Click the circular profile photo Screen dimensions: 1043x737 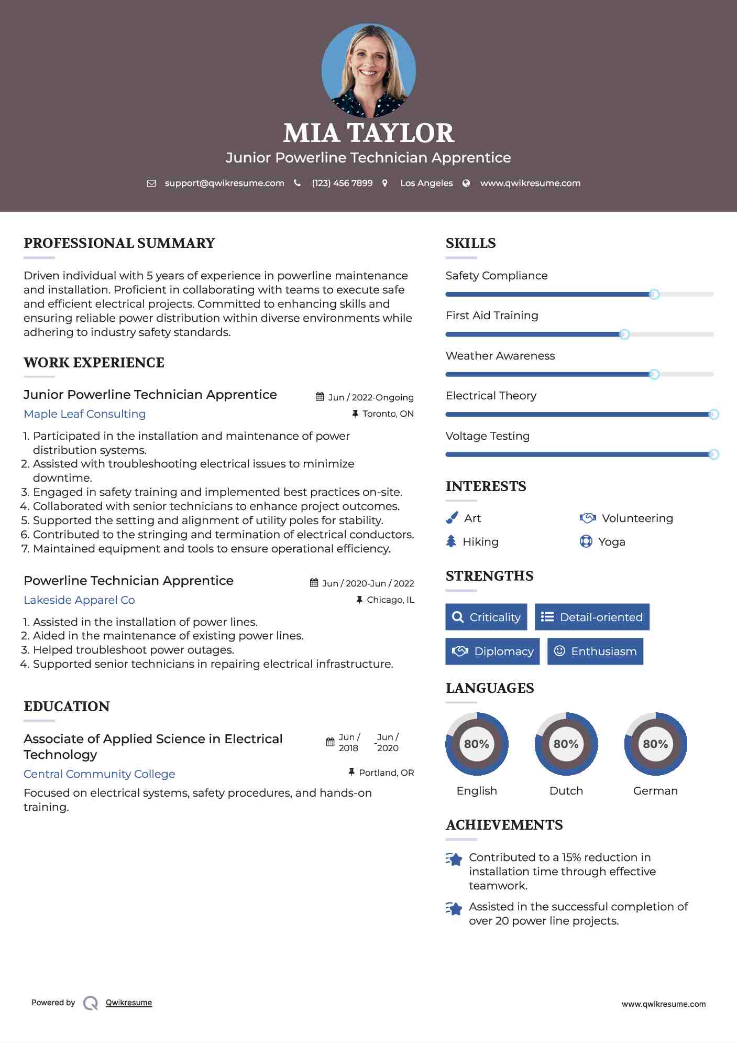[368, 70]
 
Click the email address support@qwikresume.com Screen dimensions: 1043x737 [224, 183]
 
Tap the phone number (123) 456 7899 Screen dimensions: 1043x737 [342, 183]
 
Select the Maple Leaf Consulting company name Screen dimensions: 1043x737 [85, 414]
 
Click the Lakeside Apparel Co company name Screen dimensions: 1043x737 [79, 600]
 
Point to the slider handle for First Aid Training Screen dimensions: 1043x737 [624, 334]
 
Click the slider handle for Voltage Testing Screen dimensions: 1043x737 [713, 454]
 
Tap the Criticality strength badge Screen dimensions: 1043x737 [486, 617]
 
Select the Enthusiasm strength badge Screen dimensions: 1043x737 [595, 651]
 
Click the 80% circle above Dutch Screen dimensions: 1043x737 [566, 744]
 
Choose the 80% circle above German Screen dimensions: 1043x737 [655, 744]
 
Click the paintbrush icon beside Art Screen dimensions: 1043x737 [452, 518]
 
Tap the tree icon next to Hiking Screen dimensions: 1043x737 [451, 541]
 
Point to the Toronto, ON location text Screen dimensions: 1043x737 [388, 414]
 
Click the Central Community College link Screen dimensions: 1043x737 [100, 774]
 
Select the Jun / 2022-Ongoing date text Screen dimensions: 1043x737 [370, 397]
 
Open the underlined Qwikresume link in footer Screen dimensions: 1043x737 [129, 1003]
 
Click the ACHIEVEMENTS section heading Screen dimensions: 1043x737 [504, 825]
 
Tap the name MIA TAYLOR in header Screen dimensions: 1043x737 [368, 133]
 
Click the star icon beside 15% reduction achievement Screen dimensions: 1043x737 [454, 859]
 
